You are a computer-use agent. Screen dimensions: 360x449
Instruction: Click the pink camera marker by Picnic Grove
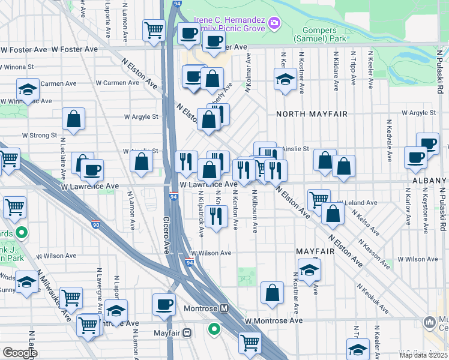click(274, 23)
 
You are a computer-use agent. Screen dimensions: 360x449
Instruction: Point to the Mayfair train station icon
click(187, 331)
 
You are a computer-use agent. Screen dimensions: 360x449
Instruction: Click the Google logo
click(20, 353)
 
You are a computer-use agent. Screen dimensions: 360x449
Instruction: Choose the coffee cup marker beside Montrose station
click(164, 304)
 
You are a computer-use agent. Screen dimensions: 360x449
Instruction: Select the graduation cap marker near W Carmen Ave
click(27, 90)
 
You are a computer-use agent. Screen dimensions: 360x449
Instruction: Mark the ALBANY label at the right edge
click(429, 181)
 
